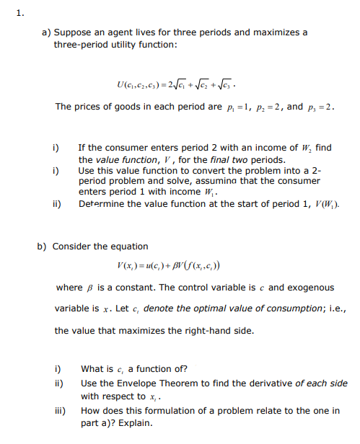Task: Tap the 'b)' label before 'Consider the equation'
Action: [43, 246]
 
